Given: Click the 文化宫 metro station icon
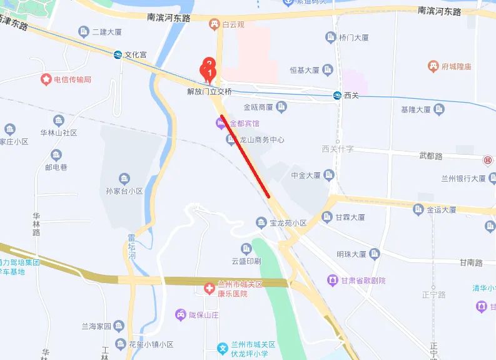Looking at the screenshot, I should (118, 54).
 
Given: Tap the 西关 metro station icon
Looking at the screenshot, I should (337, 95).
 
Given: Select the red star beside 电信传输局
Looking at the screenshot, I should (46, 80).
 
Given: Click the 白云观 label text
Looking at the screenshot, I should (233, 24).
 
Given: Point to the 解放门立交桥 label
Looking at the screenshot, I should (210, 91).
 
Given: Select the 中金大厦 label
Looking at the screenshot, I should (306, 175).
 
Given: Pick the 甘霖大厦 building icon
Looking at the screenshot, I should (326, 217).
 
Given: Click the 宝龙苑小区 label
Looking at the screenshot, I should (288, 223).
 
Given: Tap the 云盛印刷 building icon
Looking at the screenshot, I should (246, 248).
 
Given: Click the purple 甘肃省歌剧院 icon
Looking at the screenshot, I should (332, 280).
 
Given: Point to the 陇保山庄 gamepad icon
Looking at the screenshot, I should (180, 314).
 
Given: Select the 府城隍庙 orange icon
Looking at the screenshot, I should (432, 66).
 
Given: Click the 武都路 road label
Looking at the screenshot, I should (430, 155).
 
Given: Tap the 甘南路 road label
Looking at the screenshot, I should (470, 262).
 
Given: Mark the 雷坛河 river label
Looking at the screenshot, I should (131, 247).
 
